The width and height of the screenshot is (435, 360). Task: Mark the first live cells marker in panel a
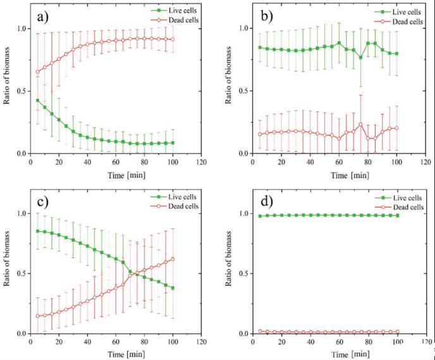tap(38, 100)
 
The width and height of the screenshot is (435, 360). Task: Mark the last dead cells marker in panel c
tap(173, 259)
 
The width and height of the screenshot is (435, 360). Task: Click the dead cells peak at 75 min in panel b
tap(360, 125)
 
